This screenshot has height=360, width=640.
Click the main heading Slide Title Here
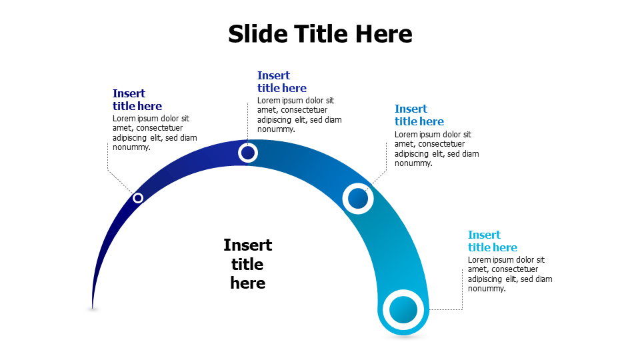320,33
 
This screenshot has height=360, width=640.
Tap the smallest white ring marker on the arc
138,198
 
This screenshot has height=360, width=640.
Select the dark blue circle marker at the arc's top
248,153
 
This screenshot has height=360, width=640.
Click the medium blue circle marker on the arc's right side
358,198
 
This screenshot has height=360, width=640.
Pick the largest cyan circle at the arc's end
403,310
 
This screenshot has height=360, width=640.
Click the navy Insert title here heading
137,99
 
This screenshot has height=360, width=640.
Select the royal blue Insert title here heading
282,81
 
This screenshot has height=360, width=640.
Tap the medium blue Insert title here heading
419,115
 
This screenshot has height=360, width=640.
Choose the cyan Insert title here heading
493,241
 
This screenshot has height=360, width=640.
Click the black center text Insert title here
247,264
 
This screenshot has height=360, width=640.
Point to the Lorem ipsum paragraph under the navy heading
155,133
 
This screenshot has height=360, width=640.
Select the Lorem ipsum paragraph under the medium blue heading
437,149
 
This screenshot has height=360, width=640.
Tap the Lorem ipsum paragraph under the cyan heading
510,274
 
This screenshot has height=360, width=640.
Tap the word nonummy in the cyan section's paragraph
486,289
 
